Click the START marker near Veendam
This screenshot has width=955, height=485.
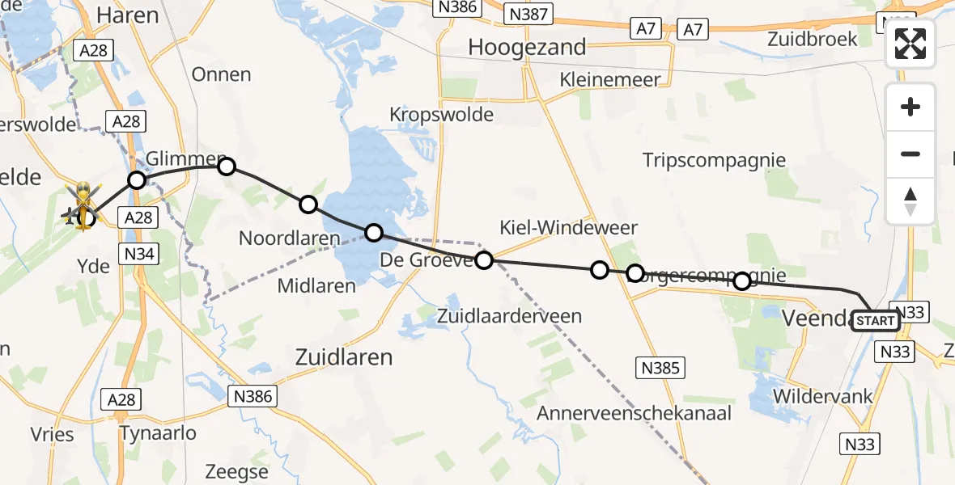click(875, 321)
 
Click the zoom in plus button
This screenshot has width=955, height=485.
click(910, 107)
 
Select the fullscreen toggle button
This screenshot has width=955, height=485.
click(910, 44)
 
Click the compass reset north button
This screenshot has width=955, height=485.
click(910, 201)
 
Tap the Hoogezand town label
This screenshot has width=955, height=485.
click(527, 48)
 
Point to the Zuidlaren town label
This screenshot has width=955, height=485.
click(344, 356)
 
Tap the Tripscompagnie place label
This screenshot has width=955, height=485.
click(714, 160)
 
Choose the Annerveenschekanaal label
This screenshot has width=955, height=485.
click(635, 414)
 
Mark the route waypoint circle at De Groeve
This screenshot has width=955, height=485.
click(484, 260)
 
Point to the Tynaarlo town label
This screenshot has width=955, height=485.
click(158, 433)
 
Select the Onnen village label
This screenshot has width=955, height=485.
click(221, 74)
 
